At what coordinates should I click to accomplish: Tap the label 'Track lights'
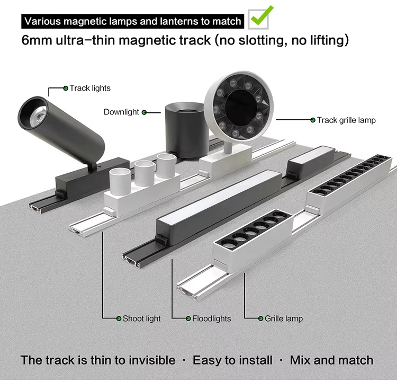[x=90, y=88]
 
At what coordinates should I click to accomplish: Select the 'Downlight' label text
[x=121, y=112]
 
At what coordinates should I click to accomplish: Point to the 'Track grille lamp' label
[x=346, y=120]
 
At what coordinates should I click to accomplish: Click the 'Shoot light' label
[x=141, y=318]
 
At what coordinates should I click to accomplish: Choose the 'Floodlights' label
[x=211, y=318]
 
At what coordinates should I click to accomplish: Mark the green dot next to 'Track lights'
[x=66, y=88]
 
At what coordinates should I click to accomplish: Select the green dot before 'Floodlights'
[x=187, y=318]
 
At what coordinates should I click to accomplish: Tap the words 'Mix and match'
[x=331, y=360]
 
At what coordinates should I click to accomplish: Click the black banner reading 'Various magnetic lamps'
[x=133, y=22]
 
